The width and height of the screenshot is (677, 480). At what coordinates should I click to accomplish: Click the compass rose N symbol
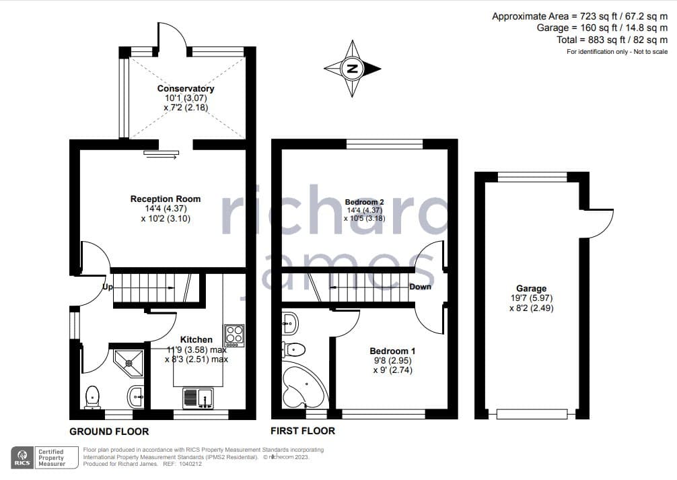pos(353,68)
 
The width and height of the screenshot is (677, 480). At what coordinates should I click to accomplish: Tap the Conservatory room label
pos(186,89)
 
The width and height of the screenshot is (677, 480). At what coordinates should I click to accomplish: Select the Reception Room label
pos(166,199)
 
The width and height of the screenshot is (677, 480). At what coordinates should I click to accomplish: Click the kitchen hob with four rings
pos(234,336)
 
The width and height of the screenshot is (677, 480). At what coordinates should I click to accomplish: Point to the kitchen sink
pos(198,398)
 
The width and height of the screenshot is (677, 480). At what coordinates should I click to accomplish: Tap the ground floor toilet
pos(92,397)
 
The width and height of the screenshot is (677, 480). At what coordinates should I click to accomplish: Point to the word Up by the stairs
pos(108,287)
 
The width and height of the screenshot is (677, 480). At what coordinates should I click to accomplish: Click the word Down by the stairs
pos(420,287)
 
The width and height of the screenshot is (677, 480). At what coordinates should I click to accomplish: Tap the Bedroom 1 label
pos(392,351)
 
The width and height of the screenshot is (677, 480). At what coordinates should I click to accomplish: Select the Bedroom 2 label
pos(364,202)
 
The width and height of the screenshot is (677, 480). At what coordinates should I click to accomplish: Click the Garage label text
pos(532,289)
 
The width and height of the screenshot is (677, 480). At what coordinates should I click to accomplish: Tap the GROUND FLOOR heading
pos(109,432)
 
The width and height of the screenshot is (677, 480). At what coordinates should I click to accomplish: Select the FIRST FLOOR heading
pos(303,431)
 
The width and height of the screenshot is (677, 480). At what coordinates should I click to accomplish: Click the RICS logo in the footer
pos(22,458)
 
